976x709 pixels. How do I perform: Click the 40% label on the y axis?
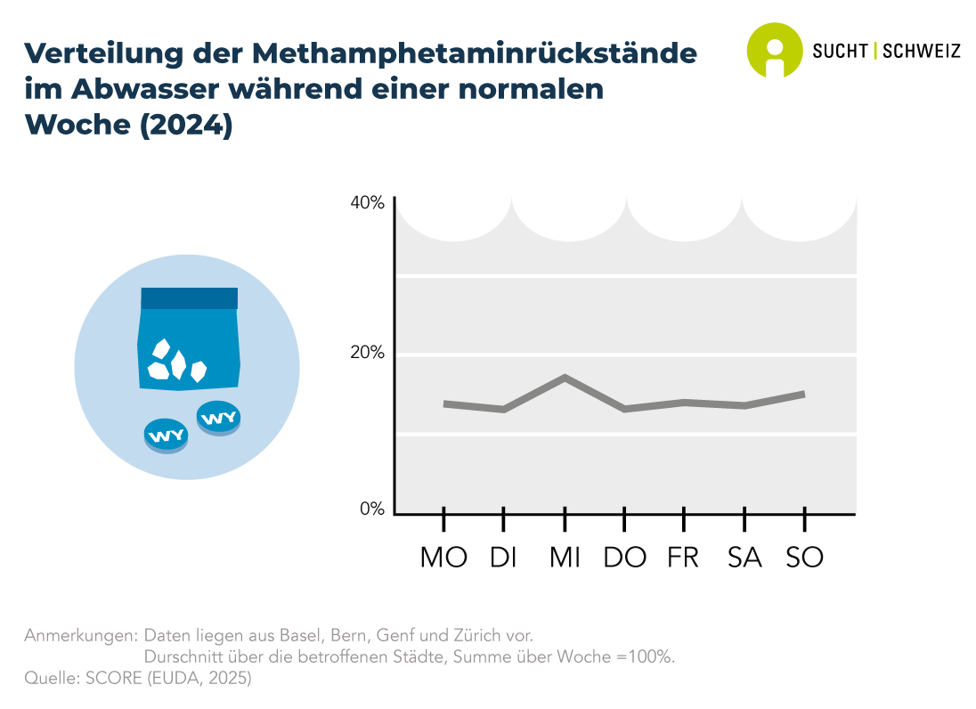point(367,203)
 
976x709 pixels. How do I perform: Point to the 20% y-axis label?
point(367,353)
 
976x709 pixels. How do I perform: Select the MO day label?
point(443,558)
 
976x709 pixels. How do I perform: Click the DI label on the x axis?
point(504,558)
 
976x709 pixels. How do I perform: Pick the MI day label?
point(565,558)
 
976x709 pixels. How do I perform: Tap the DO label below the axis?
point(624,558)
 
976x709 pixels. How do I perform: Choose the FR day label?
point(683,558)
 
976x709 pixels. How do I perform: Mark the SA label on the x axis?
point(744,558)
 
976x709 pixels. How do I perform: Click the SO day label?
point(804,558)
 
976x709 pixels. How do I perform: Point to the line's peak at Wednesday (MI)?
point(565,378)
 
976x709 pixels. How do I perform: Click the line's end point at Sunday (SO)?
point(804,393)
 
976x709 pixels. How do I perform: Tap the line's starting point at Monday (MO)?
point(444,403)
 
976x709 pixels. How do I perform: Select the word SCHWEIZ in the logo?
point(921,52)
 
